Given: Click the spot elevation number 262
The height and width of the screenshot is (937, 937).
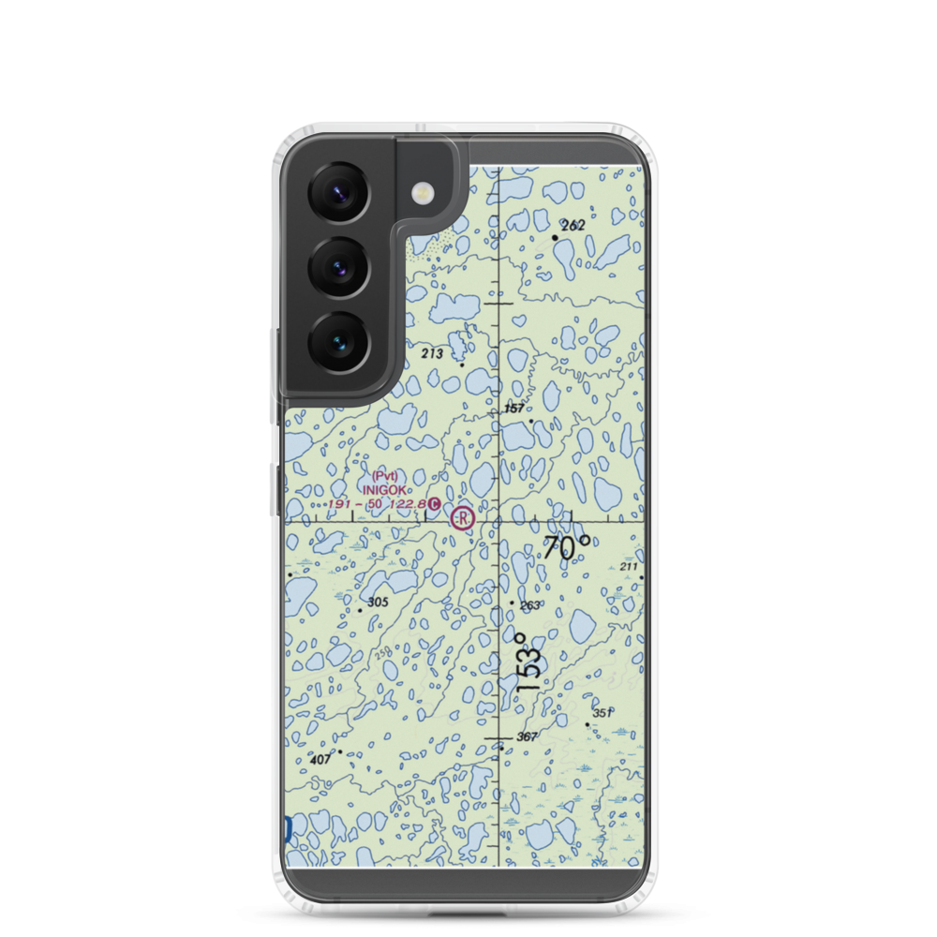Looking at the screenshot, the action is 573,225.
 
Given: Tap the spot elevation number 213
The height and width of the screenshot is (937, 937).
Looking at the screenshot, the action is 432,353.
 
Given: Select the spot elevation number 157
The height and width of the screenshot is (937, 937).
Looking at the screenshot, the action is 514,408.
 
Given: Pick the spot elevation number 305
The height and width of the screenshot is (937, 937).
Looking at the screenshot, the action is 378,602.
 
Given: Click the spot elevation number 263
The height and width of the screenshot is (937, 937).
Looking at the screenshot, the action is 529,605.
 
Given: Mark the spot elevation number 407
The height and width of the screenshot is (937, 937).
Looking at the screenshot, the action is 320,759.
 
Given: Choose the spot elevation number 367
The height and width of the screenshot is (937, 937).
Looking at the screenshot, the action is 527,737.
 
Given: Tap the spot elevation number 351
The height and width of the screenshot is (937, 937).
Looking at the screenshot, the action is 602,713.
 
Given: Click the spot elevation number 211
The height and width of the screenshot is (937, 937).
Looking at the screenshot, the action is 628,567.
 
